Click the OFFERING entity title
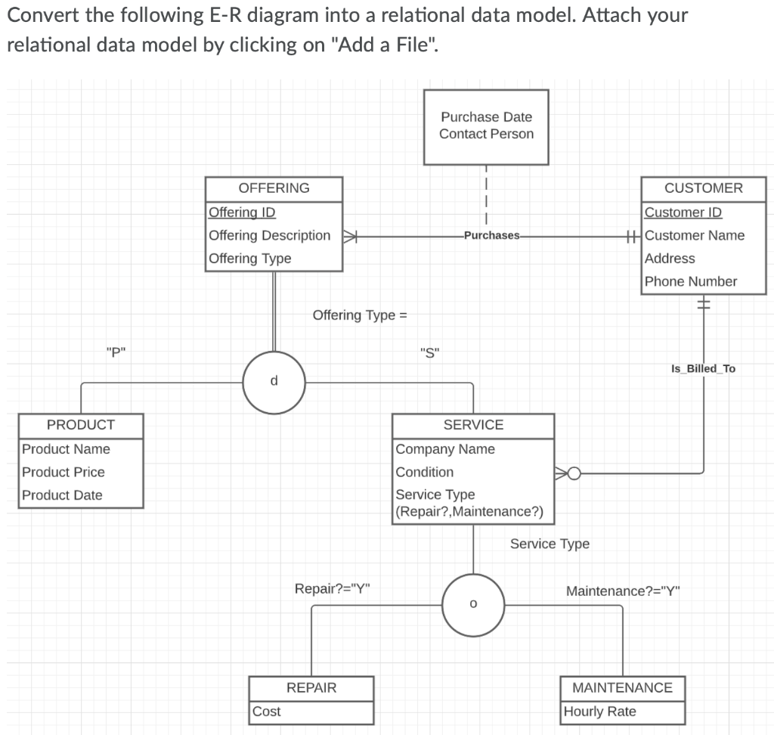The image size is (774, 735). (274, 188)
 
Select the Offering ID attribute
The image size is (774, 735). (242, 212)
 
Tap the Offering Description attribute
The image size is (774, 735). (269, 235)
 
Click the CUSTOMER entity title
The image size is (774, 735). (703, 188)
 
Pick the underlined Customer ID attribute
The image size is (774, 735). (683, 212)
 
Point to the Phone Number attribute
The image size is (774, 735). (690, 281)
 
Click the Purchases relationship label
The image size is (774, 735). (491, 235)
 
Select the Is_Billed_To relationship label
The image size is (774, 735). (703, 369)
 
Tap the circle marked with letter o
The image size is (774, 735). (473, 604)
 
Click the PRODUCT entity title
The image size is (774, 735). (81, 425)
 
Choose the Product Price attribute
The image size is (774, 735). (63, 472)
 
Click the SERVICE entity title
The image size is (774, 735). (473, 425)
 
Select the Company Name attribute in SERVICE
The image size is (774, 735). (445, 449)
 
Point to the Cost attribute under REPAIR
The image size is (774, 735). (266, 712)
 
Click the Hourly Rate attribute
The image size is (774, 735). (600, 712)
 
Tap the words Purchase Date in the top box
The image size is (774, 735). (486, 117)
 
